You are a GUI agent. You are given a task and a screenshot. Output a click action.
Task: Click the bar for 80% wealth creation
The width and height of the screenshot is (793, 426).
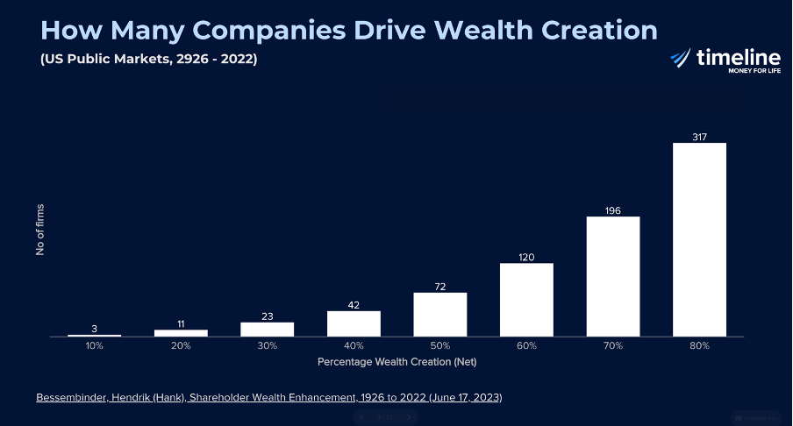(x=699, y=239)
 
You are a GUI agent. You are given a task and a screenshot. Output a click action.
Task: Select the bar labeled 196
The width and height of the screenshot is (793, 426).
(x=613, y=276)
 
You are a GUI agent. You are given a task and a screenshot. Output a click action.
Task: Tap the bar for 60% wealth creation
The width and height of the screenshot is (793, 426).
(x=526, y=300)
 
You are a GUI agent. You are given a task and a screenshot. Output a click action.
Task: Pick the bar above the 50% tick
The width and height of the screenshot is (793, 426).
(x=439, y=314)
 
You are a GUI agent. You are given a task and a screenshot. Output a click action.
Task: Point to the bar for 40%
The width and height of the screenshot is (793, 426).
(x=354, y=323)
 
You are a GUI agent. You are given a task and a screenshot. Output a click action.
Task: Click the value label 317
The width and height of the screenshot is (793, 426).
(x=699, y=137)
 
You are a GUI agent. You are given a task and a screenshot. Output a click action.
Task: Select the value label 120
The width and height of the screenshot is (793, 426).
(x=526, y=257)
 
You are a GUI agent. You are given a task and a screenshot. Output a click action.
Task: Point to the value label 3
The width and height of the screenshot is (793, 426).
(x=94, y=329)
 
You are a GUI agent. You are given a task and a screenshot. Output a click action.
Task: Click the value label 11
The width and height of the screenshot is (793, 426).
(x=181, y=323)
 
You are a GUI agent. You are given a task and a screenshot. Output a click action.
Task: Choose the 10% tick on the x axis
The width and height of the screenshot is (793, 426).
(x=94, y=346)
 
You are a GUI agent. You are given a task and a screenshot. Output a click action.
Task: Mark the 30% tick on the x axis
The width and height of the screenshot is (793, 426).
(x=267, y=346)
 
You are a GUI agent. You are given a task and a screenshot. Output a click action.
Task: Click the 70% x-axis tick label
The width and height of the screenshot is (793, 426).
(x=613, y=346)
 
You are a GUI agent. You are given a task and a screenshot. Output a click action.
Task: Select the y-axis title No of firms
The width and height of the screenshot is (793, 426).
(x=40, y=230)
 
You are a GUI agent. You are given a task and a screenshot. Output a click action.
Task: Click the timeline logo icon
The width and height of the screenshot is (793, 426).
(x=681, y=58)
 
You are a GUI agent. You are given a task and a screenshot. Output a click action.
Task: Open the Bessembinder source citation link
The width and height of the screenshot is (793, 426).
(x=268, y=397)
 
